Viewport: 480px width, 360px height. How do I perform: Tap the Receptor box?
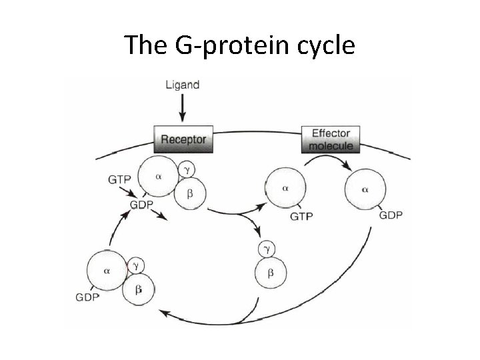(181, 141)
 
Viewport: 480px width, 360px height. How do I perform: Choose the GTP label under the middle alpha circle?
(301, 216)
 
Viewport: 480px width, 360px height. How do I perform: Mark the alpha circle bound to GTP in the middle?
(285, 189)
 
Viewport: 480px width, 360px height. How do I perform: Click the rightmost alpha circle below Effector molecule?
(365, 189)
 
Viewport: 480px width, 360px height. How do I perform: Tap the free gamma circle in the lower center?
(267, 249)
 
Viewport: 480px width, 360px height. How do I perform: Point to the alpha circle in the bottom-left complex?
(107, 271)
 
